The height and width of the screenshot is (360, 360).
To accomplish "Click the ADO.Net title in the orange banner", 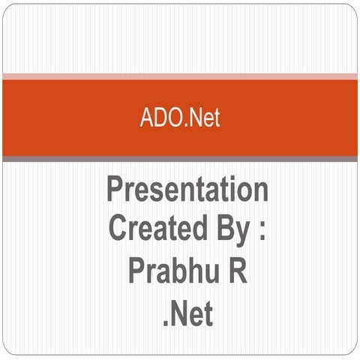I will click(x=180, y=118).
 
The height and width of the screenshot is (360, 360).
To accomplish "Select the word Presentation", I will click(x=187, y=190).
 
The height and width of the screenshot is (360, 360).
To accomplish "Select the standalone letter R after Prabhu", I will click(x=237, y=269).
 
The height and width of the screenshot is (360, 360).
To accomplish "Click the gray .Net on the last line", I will click(x=187, y=310).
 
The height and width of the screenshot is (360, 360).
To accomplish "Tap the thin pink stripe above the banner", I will click(x=180, y=76).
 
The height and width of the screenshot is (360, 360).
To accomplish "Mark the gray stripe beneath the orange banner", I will click(x=180, y=159).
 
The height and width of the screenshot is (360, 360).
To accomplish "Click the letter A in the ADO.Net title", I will click(x=145, y=118).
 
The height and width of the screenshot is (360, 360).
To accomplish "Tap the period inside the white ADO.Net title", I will click(x=182, y=124).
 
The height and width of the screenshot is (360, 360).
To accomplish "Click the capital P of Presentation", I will click(x=115, y=189).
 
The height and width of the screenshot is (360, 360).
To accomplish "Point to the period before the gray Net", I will click(x=166, y=321).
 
